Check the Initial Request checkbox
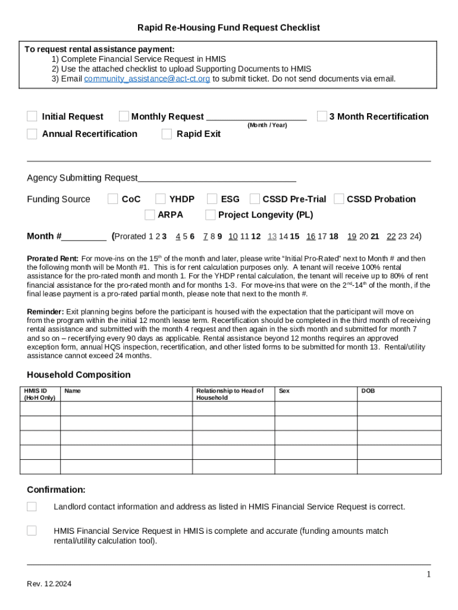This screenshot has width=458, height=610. click(32, 116)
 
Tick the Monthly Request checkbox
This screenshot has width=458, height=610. click(124, 116)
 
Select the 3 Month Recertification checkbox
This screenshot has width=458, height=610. click(322, 116)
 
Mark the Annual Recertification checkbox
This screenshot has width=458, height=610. click(32, 134)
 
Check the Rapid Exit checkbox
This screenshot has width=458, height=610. click(167, 134)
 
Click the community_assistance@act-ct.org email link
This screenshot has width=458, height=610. click(147, 79)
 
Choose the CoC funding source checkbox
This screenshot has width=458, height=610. click(112, 199)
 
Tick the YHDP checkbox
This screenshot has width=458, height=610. click(161, 199)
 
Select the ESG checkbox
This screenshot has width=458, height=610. click(212, 199)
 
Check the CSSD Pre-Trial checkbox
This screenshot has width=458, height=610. click(255, 199)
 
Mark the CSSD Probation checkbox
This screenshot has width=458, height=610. click(339, 199)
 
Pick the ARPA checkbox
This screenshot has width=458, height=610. click(149, 214)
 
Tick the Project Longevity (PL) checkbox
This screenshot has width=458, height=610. click(211, 214)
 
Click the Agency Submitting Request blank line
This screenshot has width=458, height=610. click(217, 178)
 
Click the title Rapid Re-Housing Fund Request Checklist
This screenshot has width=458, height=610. click(228, 27)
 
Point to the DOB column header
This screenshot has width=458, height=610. click(368, 391)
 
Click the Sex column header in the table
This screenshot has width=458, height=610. click(284, 391)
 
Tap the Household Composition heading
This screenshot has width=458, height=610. click(79, 375)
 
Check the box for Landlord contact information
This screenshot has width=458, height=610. click(32, 506)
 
